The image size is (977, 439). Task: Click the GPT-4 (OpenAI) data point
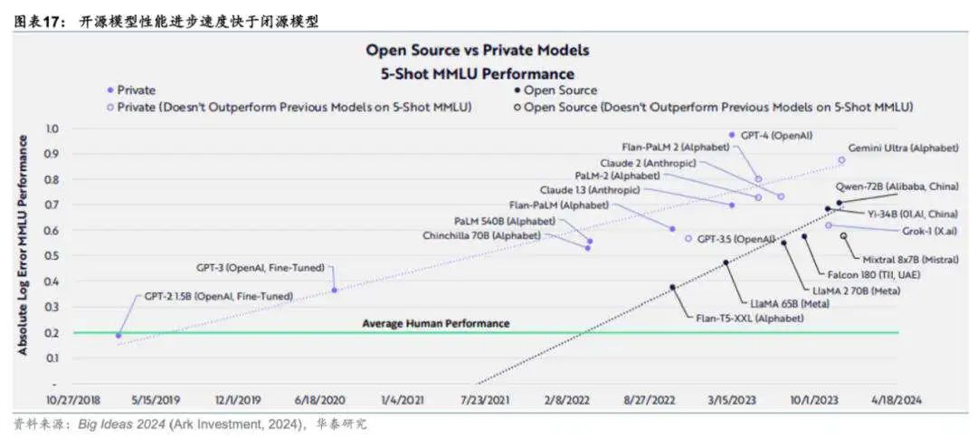click(x=732, y=135)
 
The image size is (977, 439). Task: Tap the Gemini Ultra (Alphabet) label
click(x=902, y=147)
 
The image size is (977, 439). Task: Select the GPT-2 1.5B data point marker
click(x=119, y=335)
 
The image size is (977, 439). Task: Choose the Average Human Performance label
click(x=436, y=323)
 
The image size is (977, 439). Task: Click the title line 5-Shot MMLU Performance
click(x=477, y=72)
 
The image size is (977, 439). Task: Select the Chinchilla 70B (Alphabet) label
click(x=481, y=235)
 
